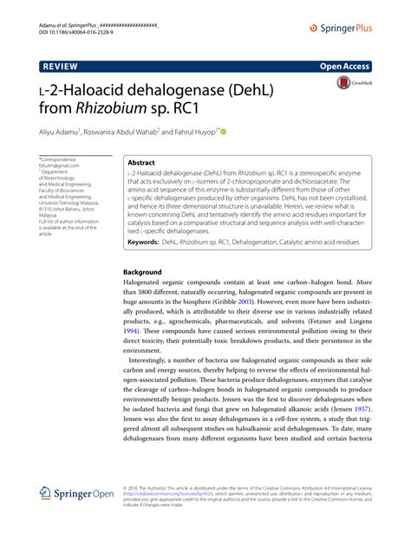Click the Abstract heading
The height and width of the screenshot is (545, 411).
[x=142, y=162]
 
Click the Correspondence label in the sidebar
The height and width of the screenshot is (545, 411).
[x=60, y=159]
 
